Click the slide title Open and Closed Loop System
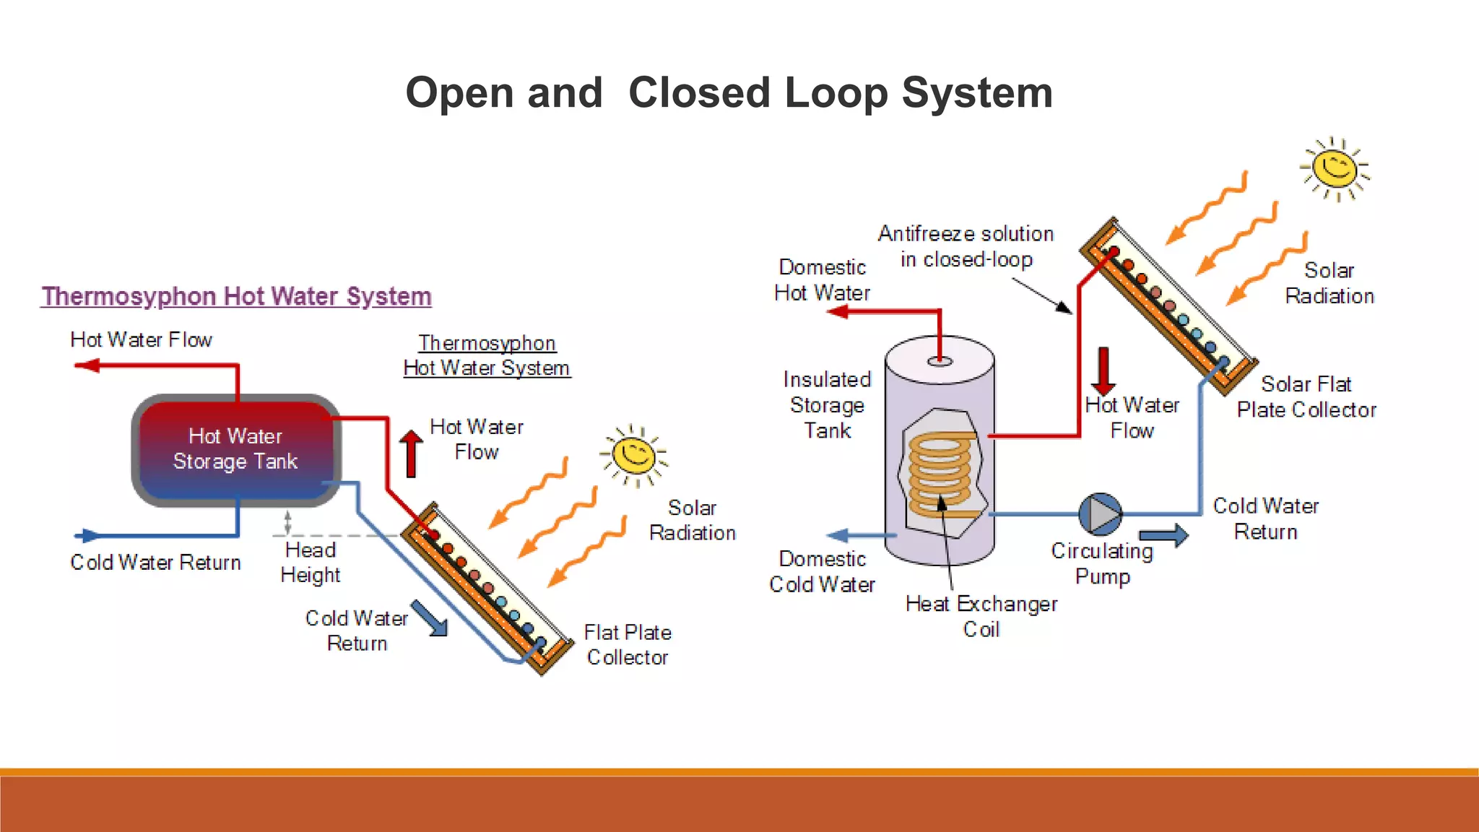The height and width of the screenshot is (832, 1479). point(729,93)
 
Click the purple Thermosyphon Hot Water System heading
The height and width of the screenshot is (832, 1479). point(236,296)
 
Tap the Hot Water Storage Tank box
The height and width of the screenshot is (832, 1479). point(235,449)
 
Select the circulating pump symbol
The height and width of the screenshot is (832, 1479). point(1100,514)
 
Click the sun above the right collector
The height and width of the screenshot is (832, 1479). point(1335,168)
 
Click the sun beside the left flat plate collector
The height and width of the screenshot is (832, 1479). point(633,455)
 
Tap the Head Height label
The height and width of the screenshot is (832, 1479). point(311,563)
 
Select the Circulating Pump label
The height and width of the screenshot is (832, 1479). point(1102,563)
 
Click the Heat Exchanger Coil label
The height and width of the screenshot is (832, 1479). point(981,616)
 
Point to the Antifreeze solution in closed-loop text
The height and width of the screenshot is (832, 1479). point(966,246)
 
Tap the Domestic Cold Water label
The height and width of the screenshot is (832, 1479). point(822,571)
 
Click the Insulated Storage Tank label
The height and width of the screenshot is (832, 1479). point(827,404)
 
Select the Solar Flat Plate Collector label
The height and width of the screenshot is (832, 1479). point(1306,396)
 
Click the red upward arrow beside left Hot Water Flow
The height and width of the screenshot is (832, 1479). point(411,453)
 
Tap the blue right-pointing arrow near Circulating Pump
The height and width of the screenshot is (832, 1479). point(1163,535)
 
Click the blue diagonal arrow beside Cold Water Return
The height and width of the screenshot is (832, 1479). point(430,619)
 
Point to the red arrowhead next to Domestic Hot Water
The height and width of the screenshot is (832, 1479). point(838,312)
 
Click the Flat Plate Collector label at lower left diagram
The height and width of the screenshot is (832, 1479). point(627,645)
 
